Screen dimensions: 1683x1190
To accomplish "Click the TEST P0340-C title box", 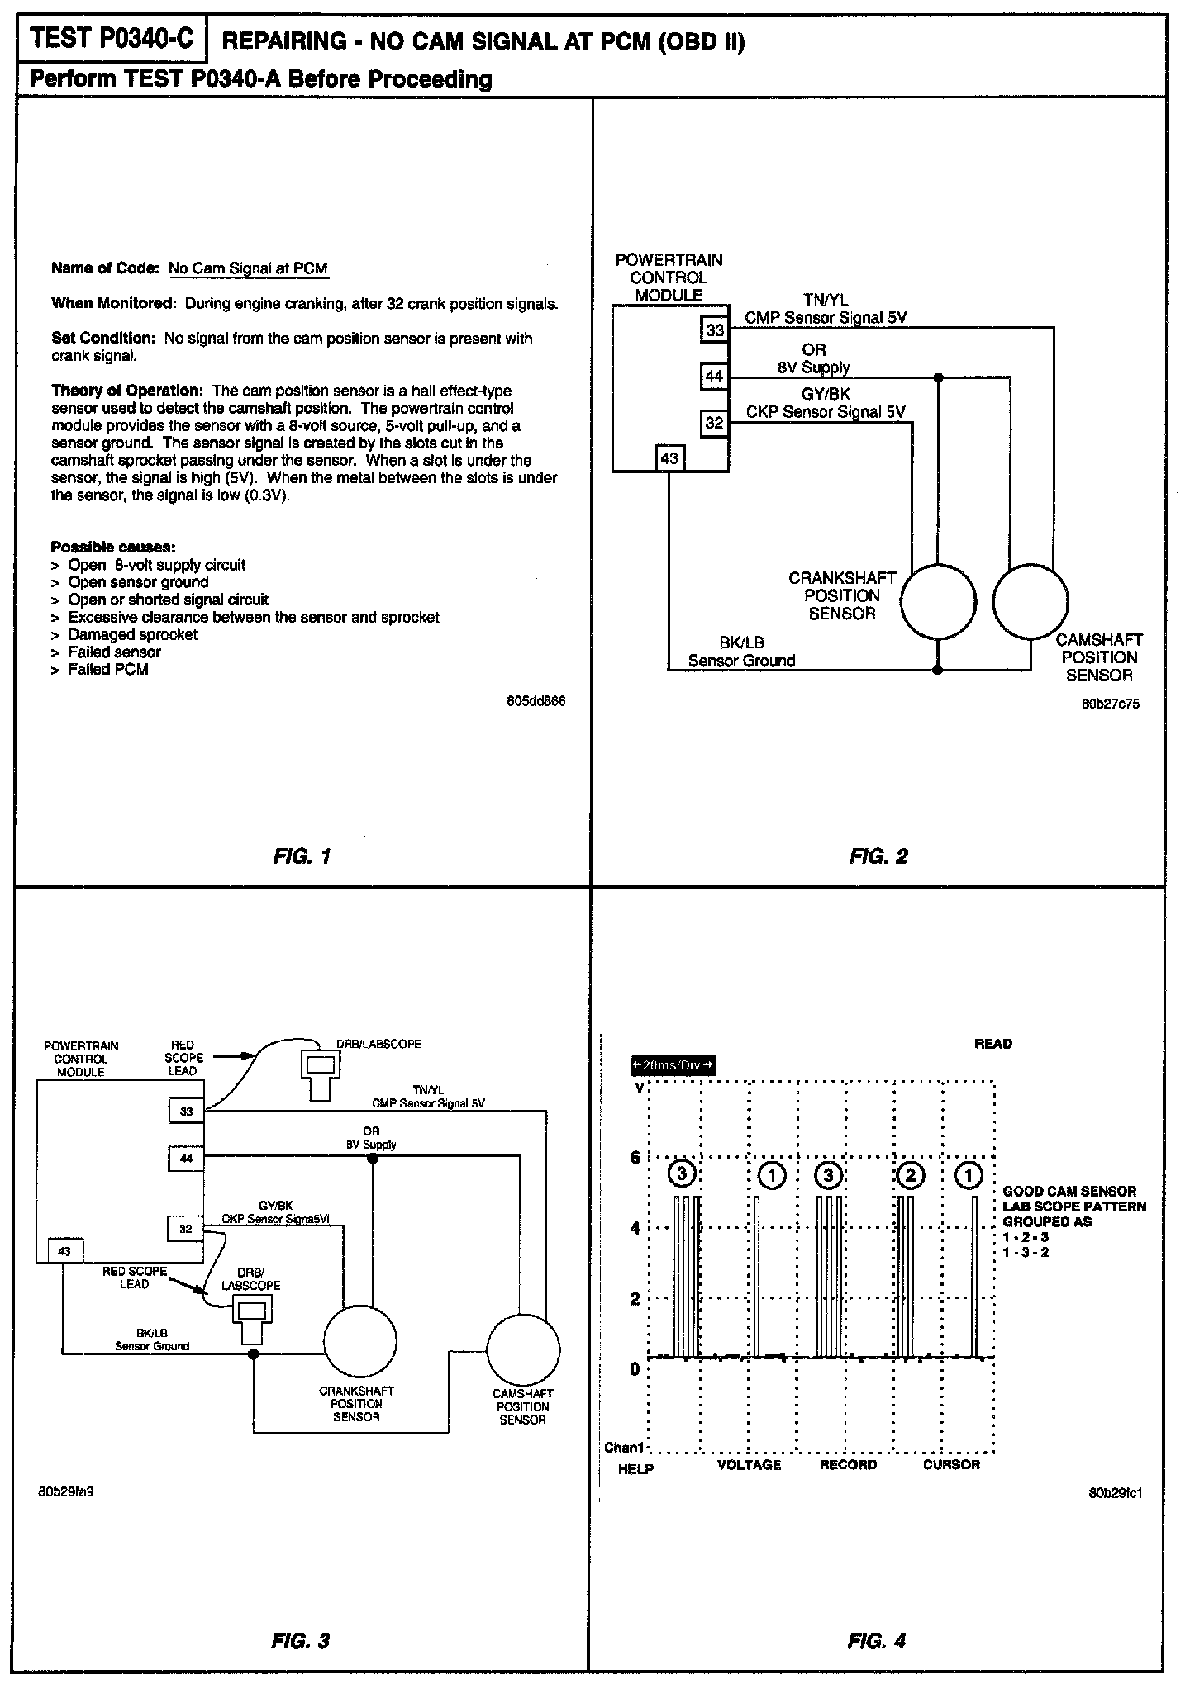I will pyautogui.click(x=112, y=39).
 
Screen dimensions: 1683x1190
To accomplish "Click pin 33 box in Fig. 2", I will pyautogui.click(x=715, y=330).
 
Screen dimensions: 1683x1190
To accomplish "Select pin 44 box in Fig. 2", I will pyautogui.click(x=715, y=377).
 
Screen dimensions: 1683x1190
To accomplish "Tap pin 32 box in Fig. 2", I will pyautogui.click(x=715, y=424).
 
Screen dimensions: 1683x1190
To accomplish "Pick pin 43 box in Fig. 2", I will pyautogui.click(x=669, y=457).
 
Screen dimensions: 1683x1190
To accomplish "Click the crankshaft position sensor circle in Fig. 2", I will pyautogui.click(x=938, y=601).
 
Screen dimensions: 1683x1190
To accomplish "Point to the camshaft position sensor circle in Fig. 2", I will pyautogui.click(x=1031, y=601).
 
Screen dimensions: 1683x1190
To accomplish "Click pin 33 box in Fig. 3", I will pyautogui.click(x=186, y=1111).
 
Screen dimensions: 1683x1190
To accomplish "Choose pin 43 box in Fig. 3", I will pyautogui.click(x=65, y=1251).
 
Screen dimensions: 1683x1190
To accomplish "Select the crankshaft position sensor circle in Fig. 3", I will pyautogui.click(x=359, y=1343).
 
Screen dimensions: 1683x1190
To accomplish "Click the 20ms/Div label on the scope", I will pyautogui.click(x=673, y=1065).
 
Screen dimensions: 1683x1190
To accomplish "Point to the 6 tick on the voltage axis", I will pyautogui.click(x=635, y=1158).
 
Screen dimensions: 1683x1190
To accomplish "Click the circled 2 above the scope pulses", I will pyautogui.click(x=910, y=1174).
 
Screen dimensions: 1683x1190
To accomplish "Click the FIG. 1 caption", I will pyautogui.click(x=302, y=856).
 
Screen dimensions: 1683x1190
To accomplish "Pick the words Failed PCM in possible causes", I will pyautogui.click(x=108, y=670).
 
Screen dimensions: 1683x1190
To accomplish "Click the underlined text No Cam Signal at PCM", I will pyautogui.click(x=248, y=268).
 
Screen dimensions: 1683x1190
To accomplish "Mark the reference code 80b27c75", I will pyautogui.click(x=1111, y=704).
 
